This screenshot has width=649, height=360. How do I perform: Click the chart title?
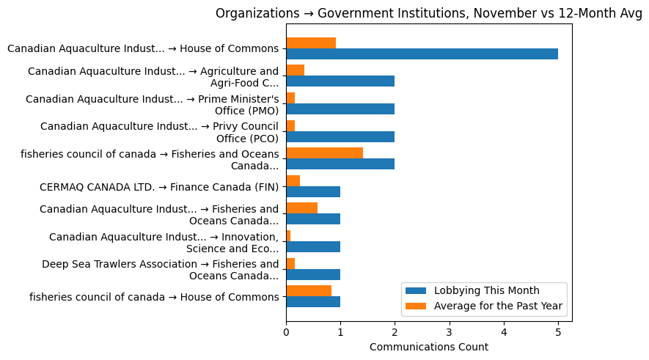429,13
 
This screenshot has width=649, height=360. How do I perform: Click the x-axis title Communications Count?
429,347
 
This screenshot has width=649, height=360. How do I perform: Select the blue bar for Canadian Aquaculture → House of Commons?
422,54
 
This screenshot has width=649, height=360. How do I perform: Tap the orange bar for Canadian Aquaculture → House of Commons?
311,43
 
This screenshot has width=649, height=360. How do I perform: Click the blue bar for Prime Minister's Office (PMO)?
340,109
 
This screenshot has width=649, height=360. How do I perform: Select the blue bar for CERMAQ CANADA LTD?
313,191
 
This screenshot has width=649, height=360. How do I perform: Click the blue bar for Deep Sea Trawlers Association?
313,274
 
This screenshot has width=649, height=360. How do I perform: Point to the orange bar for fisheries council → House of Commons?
309,290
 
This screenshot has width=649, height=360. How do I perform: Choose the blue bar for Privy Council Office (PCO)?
340,136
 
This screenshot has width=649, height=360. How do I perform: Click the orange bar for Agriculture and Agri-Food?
295,70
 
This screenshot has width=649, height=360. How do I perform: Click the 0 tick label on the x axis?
286,332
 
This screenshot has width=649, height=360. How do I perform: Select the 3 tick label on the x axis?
450,332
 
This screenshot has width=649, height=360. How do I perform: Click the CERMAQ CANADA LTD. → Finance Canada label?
154,187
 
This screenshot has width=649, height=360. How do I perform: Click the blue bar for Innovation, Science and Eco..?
313,247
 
